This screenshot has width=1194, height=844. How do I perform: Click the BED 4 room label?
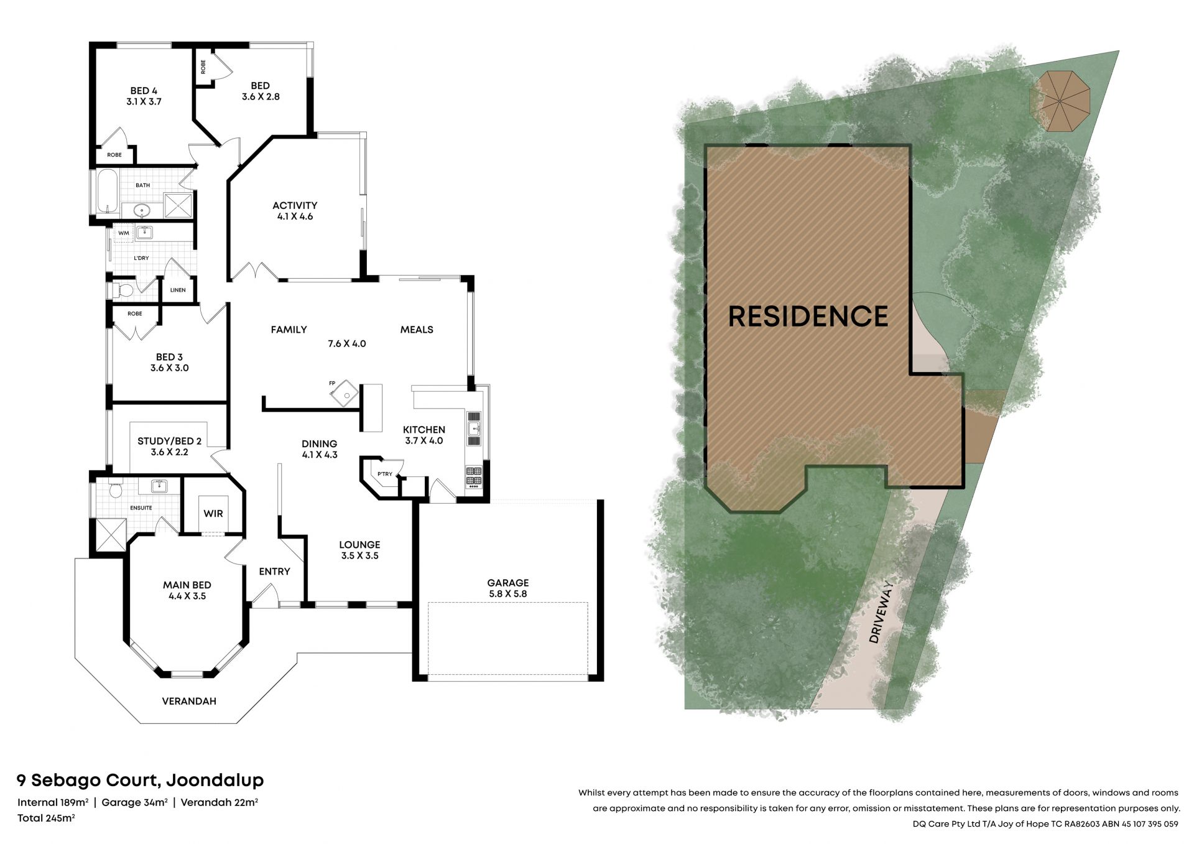pyautogui.click(x=144, y=91)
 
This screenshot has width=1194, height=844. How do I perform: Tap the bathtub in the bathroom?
pyautogui.click(x=108, y=192)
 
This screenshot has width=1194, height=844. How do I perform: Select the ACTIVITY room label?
pyautogui.click(x=295, y=205)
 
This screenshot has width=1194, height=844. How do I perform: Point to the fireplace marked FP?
pyautogui.click(x=344, y=394)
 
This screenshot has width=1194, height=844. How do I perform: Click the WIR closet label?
pyautogui.click(x=213, y=514)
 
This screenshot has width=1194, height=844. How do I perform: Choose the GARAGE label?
pyautogui.click(x=508, y=583)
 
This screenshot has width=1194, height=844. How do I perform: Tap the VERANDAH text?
pyautogui.click(x=189, y=701)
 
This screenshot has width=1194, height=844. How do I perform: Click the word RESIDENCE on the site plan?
pyautogui.click(x=808, y=316)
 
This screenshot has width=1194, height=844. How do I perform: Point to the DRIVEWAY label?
pyautogui.click(x=882, y=612)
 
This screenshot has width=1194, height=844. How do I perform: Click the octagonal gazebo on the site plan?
pyautogui.click(x=1060, y=101)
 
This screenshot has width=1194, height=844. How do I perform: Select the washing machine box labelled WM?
pyautogui.click(x=124, y=233)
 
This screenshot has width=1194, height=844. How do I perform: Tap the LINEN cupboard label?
pyautogui.click(x=178, y=290)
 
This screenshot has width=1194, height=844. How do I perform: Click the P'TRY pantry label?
pyautogui.click(x=385, y=474)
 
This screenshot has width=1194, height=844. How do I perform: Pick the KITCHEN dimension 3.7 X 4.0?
pyautogui.click(x=424, y=440)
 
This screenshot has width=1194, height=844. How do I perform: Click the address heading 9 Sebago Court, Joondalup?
pyautogui.click(x=141, y=780)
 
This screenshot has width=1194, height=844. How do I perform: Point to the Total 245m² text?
pyautogui.click(x=46, y=818)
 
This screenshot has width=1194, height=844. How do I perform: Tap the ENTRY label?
pyautogui.click(x=274, y=572)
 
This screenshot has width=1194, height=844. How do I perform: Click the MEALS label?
pyautogui.click(x=417, y=330)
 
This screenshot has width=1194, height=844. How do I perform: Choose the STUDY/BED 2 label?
pyautogui.click(x=169, y=441)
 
